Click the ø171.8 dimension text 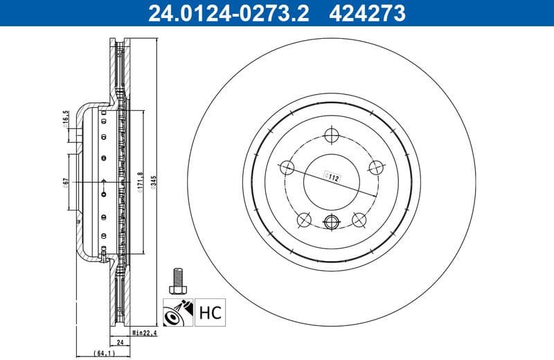(x=141, y=183)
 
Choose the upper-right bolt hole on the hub (x=376, y=167)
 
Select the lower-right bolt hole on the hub (x=359, y=219)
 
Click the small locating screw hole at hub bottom (x=332, y=223)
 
